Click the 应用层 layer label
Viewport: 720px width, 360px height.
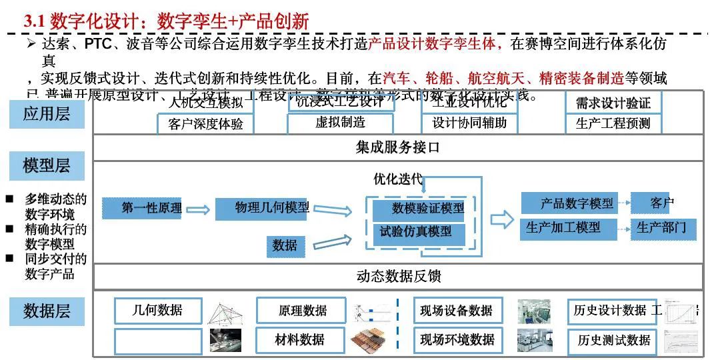pos(47,114)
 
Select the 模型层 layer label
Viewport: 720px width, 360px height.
pos(47,165)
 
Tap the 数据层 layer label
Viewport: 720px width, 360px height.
pos(47,311)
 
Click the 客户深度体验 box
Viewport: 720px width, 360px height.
pos(205,124)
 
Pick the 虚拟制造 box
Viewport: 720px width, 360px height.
pos(341,123)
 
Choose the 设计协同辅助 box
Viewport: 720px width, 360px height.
pos(469,123)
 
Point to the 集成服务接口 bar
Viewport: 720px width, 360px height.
pos(398,147)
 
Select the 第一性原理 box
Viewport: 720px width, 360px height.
pos(142,209)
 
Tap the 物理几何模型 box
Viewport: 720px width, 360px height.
pos(262,209)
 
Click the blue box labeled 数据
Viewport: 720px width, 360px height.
pos(285,245)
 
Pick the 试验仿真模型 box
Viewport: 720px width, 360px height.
pos(415,232)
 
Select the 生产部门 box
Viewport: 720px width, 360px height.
pos(661,228)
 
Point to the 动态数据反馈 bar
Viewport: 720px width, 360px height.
pos(398,276)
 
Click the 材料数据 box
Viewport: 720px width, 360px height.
pos(300,340)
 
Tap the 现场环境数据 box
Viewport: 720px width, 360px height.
pos(457,340)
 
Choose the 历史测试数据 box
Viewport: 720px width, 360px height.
pos(613,341)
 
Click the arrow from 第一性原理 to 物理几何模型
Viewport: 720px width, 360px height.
pos(198,209)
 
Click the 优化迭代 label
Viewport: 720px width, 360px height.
pos(398,179)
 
